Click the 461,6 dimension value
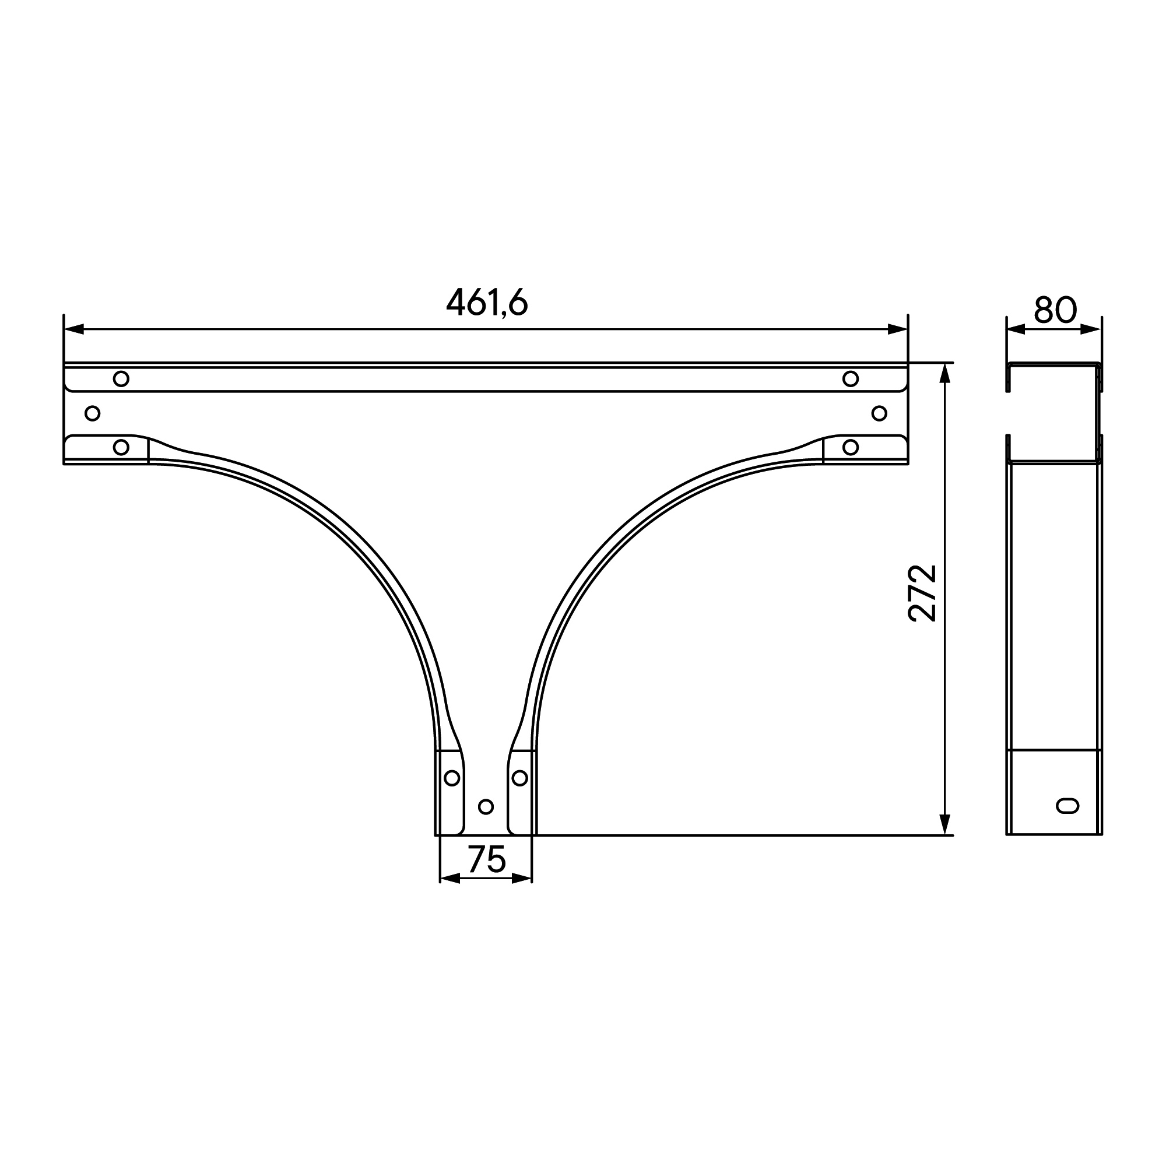487,302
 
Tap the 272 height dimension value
922,593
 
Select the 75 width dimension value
486,859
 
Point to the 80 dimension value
1055,310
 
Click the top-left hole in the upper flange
121,379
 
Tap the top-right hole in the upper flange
851,379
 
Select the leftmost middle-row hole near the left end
92,413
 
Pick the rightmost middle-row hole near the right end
879,413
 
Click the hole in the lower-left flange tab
121,447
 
